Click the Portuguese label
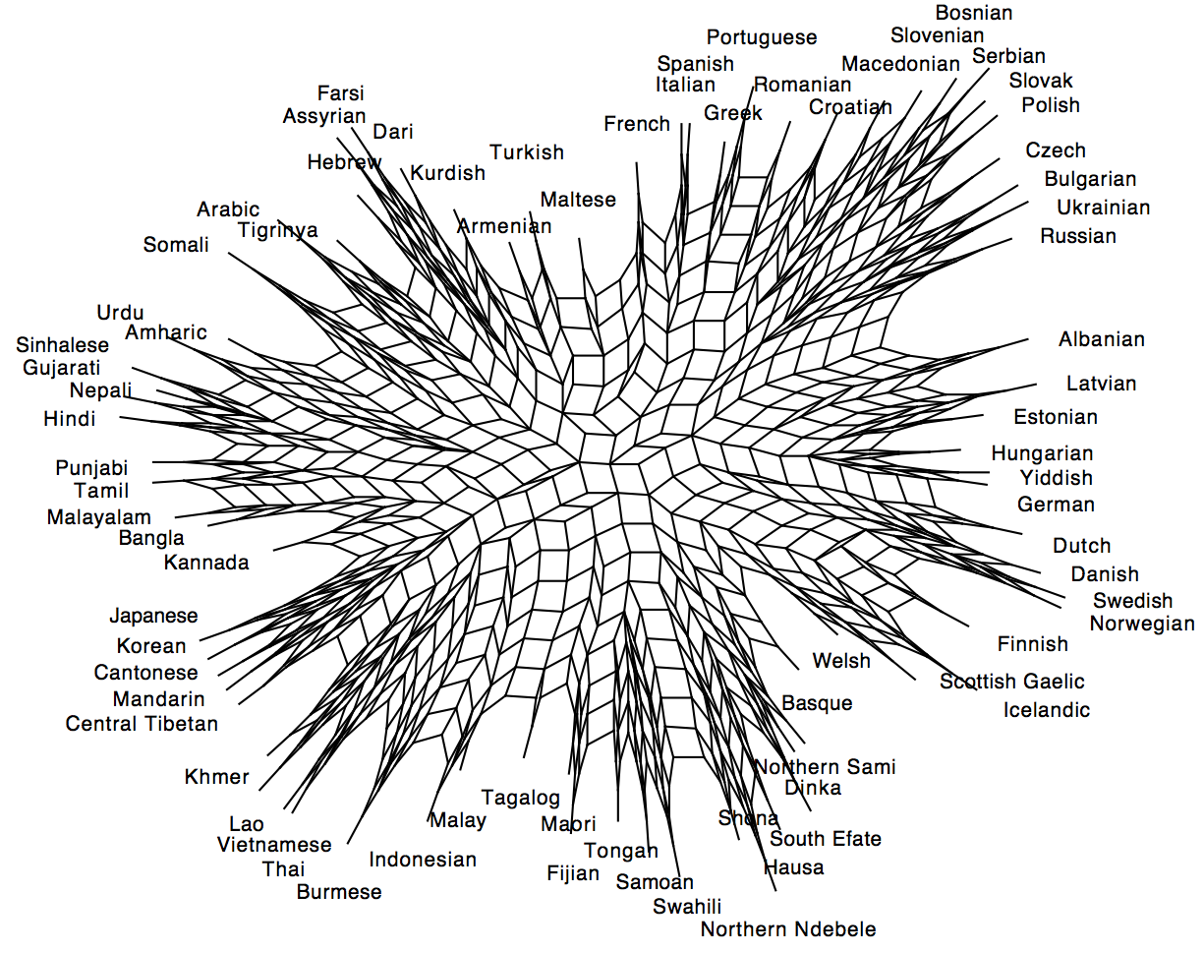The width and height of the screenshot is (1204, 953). (762, 37)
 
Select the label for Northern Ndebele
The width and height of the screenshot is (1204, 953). (788, 929)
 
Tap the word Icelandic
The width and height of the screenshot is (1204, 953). (1047, 710)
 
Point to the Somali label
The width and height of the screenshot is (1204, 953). (176, 245)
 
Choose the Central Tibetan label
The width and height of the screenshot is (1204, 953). (142, 724)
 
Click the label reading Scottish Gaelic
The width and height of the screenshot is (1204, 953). (1012, 682)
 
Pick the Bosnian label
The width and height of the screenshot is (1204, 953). (973, 13)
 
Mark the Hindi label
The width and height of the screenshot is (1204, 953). (70, 420)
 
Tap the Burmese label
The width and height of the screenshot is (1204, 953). (339, 893)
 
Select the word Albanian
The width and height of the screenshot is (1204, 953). (1102, 340)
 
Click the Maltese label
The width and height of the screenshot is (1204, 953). (578, 200)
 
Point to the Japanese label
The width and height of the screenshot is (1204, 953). (153, 617)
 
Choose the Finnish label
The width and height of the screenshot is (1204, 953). (1032, 644)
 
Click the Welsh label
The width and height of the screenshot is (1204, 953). (841, 661)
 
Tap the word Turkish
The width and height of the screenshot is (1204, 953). (527, 152)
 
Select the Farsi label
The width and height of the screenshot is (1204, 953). (340, 94)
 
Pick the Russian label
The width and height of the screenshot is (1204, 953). (1078, 236)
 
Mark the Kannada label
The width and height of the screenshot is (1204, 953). (206, 564)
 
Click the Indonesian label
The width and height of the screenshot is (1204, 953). (423, 860)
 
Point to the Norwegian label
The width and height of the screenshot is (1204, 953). (1142, 624)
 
